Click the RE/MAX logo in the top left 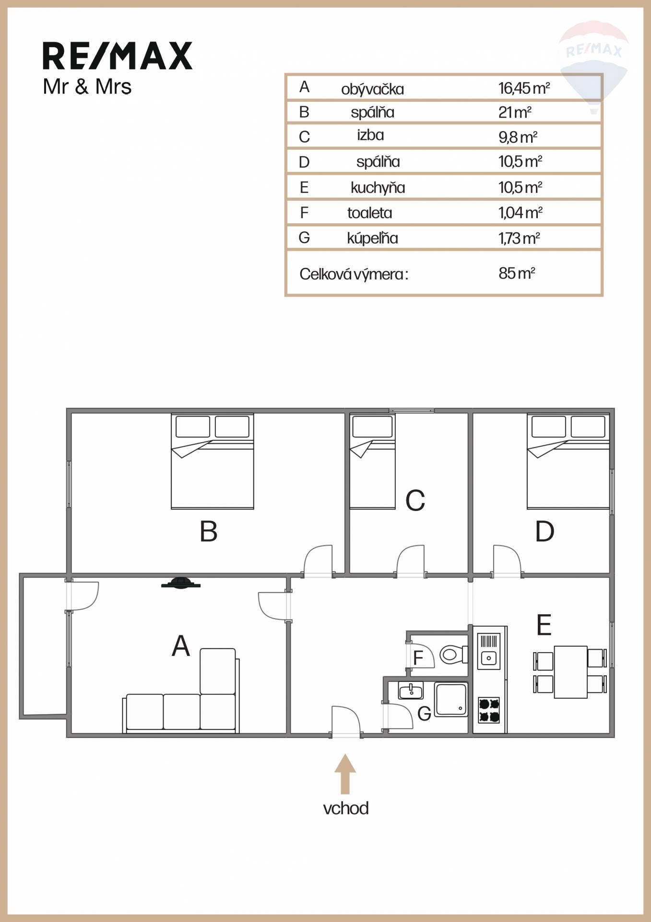[x=118, y=56]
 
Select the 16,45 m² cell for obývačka [x=524, y=88]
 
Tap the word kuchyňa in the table [x=378, y=187]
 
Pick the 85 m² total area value [x=517, y=273]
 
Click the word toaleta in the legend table [x=369, y=213]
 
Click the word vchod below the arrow [x=346, y=808]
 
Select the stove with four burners [x=489, y=711]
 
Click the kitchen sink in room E [x=489, y=651]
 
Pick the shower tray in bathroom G [x=451, y=699]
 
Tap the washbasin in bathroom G [x=410, y=691]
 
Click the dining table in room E [x=571, y=672]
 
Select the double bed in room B [x=213, y=461]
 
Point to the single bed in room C [x=373, y=461]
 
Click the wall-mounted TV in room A [x=180, y=582]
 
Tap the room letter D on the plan [x=544, y=532]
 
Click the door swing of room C [x=410, y=559]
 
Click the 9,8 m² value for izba [x=518, y=137]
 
